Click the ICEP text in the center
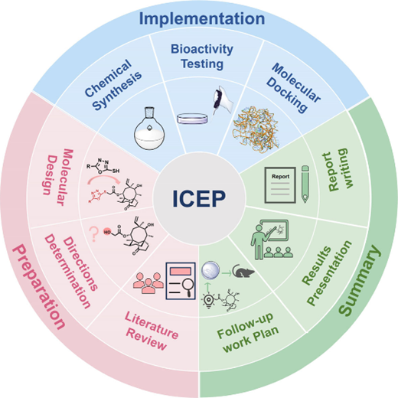[199, 199]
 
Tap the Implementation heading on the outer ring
[202, 19]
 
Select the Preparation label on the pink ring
[38, 286]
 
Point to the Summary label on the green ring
[360, 280]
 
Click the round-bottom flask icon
[149, 128]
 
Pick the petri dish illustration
[192, 119]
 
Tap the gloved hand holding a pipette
[223, 100]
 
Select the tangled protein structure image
[256, 130]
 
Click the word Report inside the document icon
[281, 176]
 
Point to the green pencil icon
[305, 184]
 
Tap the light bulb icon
[208, 300]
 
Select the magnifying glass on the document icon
[188, 286]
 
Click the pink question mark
[93, 234]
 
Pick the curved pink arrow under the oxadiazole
[103, 180]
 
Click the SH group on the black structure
[116, 171]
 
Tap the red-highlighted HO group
[107, 232]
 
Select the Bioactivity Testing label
[202, 56]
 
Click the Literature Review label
[152, 331]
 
